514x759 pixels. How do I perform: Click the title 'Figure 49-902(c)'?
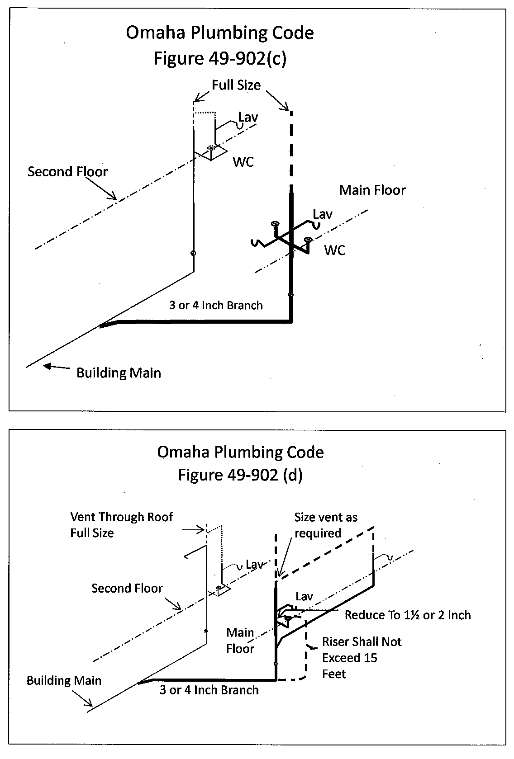click(x=220, y=59)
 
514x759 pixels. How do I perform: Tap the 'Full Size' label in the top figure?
click(x=236, y=85)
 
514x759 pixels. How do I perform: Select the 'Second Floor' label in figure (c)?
click(x=68, y=172)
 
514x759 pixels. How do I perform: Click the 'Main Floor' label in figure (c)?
click(x=372, y=190)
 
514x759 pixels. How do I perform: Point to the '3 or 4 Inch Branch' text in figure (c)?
click(x=216, y=305)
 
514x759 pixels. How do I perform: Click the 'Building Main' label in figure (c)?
click(x=119, y=373)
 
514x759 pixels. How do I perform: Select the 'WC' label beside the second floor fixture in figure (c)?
click(x=243, y=162)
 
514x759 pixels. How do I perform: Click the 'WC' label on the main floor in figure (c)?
click(x=334, y=250)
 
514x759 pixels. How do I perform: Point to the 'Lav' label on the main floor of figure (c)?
click(x=322, y=214)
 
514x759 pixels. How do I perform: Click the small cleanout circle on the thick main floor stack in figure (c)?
click(x=290, y=295)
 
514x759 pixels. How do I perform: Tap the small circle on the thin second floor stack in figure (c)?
click(x=193, y=253)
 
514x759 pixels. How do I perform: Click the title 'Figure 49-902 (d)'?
click(x=240, y=475)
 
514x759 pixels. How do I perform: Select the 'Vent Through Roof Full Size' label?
click(x=121, y=524)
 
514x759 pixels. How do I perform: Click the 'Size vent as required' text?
click(x=325, y=525)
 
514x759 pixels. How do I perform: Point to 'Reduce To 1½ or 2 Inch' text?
click(x=407, y=615)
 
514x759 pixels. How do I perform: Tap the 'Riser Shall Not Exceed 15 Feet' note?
click(x=361, y=658)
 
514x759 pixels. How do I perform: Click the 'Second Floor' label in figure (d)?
click(x=127, y=588)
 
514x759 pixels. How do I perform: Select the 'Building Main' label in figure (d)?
click(x=64, y=680)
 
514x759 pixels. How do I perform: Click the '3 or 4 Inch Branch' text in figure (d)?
click(x=209, y=690)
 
